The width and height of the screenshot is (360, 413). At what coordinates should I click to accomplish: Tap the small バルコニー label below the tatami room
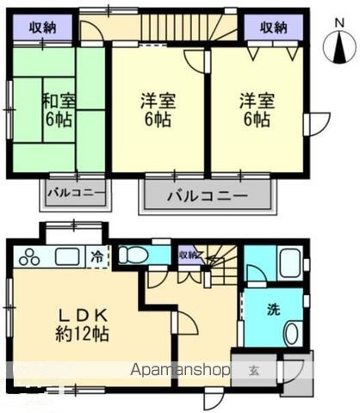76,191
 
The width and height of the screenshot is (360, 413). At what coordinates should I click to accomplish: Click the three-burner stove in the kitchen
29,256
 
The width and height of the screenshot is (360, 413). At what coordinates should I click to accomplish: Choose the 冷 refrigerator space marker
98,256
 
